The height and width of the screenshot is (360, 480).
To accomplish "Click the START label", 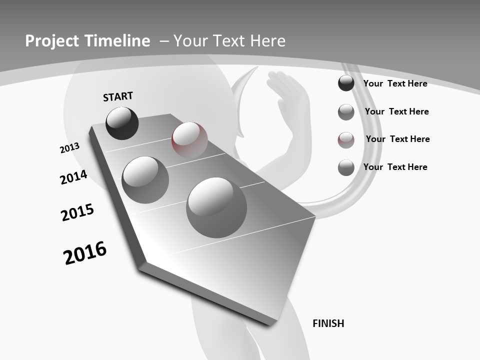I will point(118,96).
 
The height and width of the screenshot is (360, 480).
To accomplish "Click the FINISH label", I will point(328,323).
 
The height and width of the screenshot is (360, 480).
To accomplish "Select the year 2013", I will point(70,148).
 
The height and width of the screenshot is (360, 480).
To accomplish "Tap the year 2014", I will point(73,177).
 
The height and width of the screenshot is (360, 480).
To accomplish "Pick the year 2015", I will point(77,212).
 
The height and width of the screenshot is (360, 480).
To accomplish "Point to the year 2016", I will point(85,253).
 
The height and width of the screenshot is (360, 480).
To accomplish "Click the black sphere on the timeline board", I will point(122,123).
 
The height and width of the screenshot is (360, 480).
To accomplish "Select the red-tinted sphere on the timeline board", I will point(189,140).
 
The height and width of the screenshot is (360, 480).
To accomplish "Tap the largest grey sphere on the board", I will point(216,207).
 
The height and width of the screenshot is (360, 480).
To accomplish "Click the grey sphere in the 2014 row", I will point(145,180).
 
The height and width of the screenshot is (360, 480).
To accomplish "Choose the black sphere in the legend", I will point(346,83).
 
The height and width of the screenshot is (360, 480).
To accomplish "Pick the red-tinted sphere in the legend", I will point(346,139).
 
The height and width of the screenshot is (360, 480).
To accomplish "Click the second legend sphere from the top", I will point(346,112).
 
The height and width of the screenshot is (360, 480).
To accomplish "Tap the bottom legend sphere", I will point(346,167).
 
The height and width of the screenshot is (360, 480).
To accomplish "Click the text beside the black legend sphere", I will point(395,83).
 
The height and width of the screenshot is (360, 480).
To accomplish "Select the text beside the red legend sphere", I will point(397,139).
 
